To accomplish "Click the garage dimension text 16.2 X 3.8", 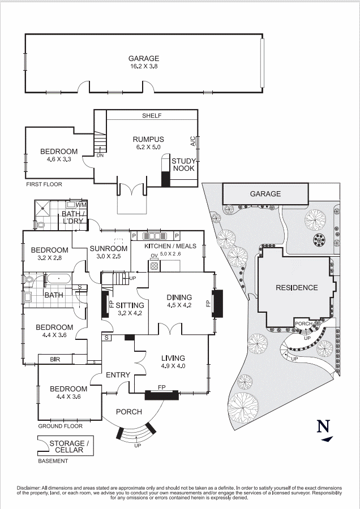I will click(143, 66).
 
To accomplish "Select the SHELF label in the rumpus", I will click(152, 115).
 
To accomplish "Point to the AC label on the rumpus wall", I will click(193, 141).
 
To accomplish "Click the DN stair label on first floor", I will click(100, 155).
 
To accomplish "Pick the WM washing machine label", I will click(81, 204).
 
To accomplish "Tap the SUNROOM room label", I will click(108, 248).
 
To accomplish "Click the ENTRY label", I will click(118, 374).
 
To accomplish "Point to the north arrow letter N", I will click(323, 426).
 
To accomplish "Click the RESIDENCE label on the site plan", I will click(297, 287).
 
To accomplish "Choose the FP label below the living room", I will click(162, 387).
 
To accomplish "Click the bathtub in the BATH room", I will click(58, 279).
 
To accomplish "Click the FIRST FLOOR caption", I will click(44, 184).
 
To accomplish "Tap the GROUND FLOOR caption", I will click(60, 426).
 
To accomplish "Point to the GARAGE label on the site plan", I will click(265, 194).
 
